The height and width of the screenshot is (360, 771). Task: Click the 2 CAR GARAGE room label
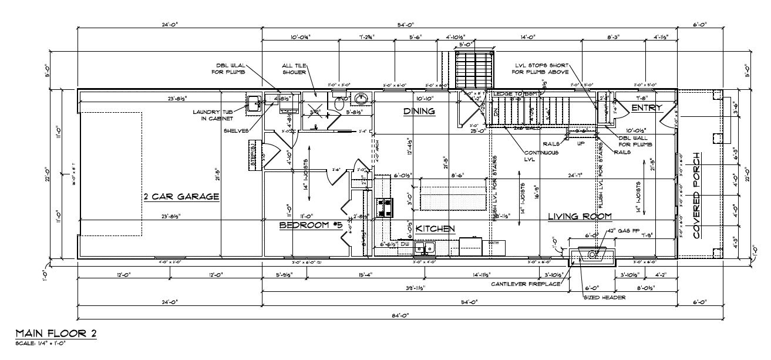tap(181, 197)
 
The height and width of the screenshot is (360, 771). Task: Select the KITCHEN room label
tap(435, 228)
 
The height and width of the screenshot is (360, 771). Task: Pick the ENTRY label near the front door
tap(647, 107)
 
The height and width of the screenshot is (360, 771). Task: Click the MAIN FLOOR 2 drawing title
tap(56, 333)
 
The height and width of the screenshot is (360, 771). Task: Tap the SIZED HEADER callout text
tap(604, 297)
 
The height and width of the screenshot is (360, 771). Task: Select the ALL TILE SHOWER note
tap(294, 69)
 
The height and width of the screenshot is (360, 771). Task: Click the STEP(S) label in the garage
tap(252, 155)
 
